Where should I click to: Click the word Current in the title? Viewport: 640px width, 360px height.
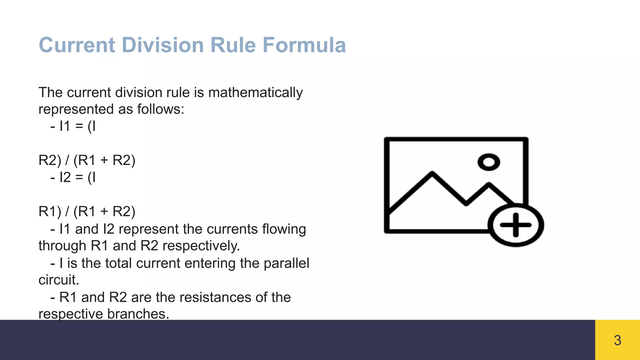coord(77,45)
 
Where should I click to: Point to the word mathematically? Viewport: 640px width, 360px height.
coord(255,93)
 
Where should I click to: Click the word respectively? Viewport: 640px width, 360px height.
coord(201,246)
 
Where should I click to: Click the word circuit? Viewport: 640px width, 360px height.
coord(59,280)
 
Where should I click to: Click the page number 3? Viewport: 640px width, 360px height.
coord(617,340)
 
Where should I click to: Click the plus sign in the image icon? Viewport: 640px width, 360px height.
coord(516,225)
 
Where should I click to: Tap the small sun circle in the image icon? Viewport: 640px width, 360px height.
coord(488,162)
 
